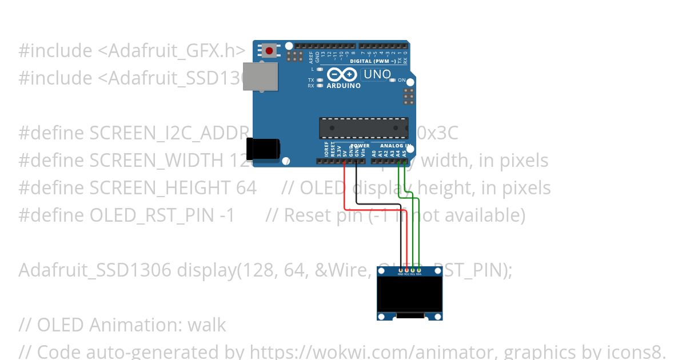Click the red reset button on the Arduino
(x=269, y=51)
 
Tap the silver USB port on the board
(x=261, y=77)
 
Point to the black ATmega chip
(x=364, y=128)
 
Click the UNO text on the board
(x=377, y=75)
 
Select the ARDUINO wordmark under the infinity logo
(x=344, y=86)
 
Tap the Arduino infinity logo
(x=343, y=75)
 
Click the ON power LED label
(x=402, y=81)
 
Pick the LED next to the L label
(x=320, y=69)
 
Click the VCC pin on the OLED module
(x=406, y=270)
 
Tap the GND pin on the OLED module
(x=400, y=270)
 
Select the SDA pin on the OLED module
(x=419, y=270)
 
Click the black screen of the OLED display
(x=409, y=294)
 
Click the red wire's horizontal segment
(x=375, y=209)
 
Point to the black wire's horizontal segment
(x=377, y=203)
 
